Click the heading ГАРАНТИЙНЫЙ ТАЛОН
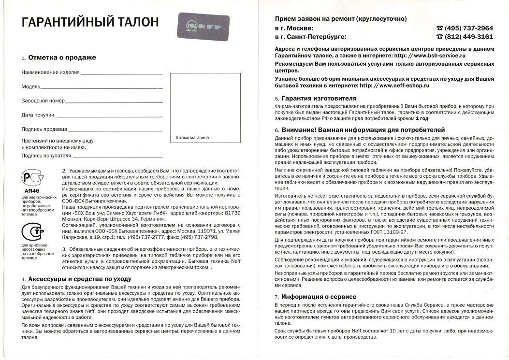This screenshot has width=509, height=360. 86,22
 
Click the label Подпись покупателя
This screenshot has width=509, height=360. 46,156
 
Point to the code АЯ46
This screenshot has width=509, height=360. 32,191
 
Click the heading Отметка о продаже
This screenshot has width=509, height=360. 62,58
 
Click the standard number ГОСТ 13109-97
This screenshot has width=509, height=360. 385,232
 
